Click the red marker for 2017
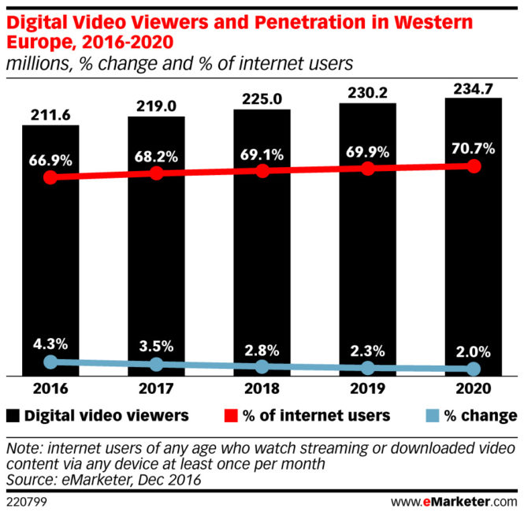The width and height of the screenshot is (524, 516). point(156,173)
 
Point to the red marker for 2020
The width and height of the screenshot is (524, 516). point(474,166)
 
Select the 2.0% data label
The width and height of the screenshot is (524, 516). point(474,351)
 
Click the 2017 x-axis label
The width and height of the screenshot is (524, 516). point(156,389)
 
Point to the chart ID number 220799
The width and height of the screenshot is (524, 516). point(26,499)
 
